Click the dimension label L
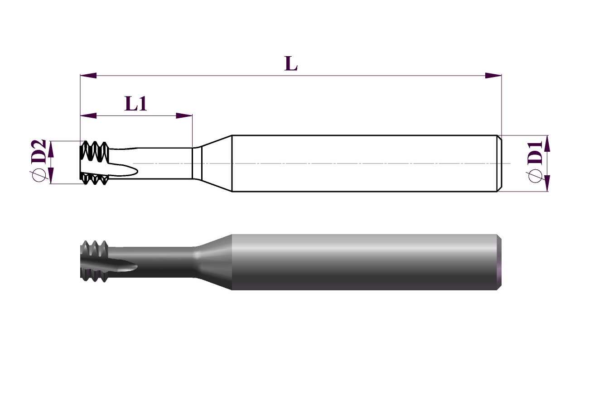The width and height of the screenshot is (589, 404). coord(291,63)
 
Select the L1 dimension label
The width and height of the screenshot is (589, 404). coord(135,103)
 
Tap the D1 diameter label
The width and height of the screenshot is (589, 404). coord(535,153)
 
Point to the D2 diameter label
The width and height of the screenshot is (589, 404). coord(39,152)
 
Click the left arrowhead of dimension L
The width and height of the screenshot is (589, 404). coord(88,76)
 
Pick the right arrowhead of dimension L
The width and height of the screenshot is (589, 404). coord(493,76)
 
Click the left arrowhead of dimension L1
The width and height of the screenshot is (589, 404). coord(88,115)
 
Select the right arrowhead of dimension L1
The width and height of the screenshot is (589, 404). coord(184,115)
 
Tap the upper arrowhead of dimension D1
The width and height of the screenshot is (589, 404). coord(547,144)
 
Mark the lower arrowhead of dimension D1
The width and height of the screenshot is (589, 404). coord(547,183)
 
